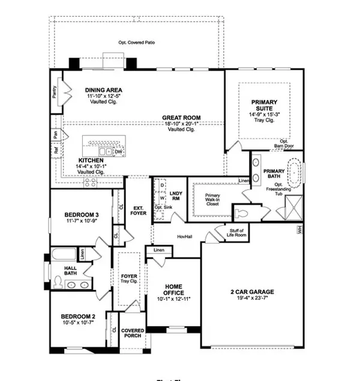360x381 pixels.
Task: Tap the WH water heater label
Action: point(298,229)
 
